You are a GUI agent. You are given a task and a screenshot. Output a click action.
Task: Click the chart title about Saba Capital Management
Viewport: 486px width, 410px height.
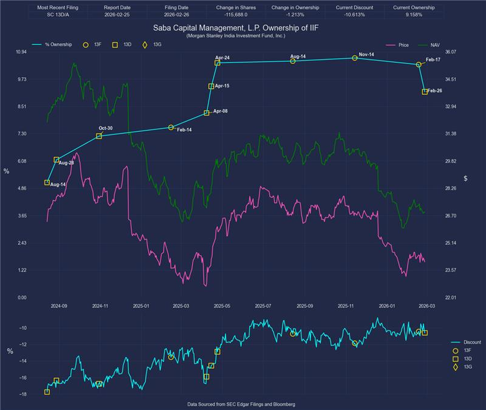tap(242, 28)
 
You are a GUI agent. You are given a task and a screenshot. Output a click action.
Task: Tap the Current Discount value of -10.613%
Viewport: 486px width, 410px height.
tap(355, 15)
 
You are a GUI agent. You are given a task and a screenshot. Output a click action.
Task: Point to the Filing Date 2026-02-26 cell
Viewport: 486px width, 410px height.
tap(177, 15)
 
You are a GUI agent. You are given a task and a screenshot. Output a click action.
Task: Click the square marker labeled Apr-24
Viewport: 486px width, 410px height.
tap(217, 63)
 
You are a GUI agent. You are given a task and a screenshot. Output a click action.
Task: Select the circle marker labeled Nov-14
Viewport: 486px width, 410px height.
tap(355, 58)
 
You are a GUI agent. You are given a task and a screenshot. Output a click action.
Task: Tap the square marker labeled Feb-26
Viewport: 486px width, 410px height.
tap(425, 92)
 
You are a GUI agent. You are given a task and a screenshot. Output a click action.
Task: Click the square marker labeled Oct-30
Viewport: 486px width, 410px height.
tap(99, 136)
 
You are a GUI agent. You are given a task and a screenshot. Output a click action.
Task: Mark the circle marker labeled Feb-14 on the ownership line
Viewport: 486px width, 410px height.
tap(171, 128)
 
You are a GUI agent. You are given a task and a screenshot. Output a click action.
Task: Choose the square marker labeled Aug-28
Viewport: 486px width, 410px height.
tap(56, 160)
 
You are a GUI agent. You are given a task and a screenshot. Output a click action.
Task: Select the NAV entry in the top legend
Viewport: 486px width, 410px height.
tap(430, 44)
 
